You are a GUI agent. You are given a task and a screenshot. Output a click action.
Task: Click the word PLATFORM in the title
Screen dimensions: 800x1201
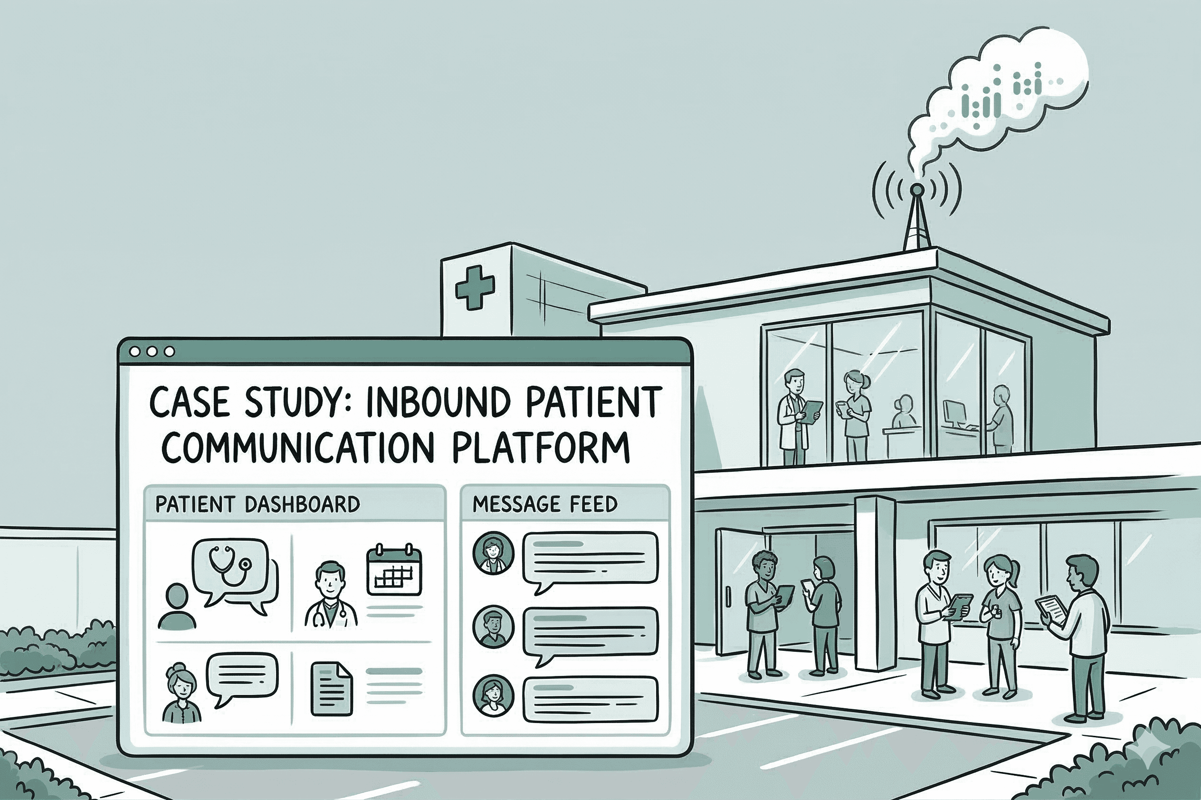[x=541, y=447]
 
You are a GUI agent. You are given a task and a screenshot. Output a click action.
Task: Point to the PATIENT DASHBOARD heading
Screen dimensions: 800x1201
[x=257, y=505]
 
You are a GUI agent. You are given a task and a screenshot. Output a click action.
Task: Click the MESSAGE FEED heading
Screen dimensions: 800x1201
[x=544, y=505]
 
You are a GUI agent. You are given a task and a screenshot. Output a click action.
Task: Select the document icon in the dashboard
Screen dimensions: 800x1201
[x=331, y=688]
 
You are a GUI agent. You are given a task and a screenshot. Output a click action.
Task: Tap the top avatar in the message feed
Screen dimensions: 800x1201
[x=493, y=553]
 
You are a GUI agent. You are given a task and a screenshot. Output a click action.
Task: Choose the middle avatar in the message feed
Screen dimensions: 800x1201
[x=493, y=627]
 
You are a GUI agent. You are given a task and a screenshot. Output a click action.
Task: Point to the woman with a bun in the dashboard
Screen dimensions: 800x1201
[x=181, y=695]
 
